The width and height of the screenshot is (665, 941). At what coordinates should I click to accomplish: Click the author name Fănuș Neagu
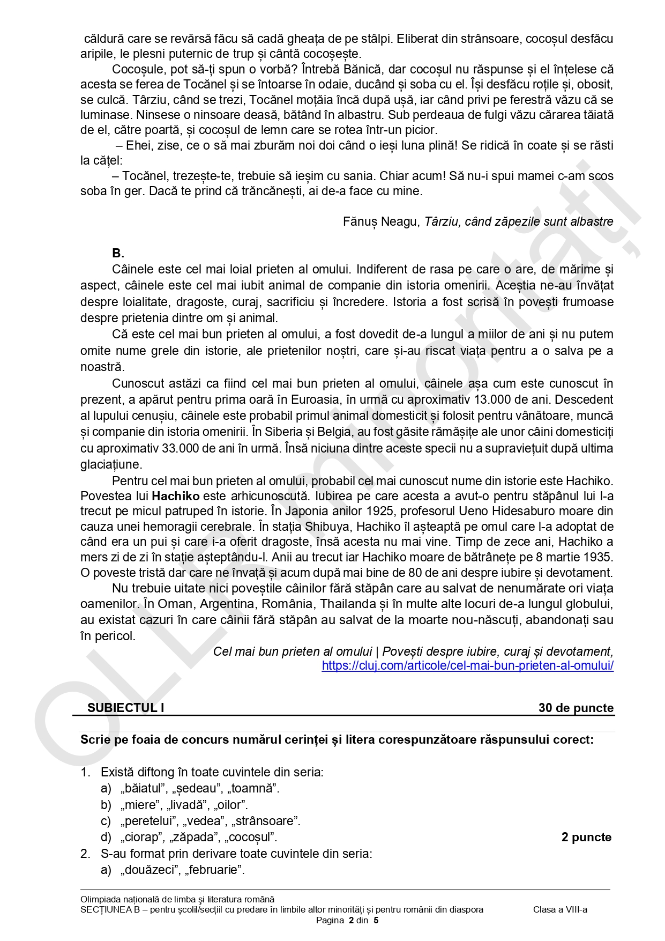point(381,221)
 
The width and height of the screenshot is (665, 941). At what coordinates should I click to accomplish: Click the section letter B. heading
point(118,253)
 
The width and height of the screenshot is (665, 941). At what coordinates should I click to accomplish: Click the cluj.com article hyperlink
point(467,665)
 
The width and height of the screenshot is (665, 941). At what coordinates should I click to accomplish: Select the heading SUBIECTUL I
point(126,708)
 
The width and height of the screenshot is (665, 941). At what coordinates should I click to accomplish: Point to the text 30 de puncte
point(576,708)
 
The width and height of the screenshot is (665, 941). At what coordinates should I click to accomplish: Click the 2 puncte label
point(586,837)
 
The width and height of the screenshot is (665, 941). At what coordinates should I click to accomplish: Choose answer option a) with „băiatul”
point(190,788)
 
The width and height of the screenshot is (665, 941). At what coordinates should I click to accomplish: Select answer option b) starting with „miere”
point(174,805)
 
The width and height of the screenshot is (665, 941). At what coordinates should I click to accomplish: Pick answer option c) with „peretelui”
point(200,821)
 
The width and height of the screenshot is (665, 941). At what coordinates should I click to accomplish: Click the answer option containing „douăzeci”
point(173,870)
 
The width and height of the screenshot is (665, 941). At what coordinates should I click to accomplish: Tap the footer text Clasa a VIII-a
point(560,909)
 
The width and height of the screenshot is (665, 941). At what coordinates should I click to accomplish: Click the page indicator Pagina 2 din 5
point(347,920)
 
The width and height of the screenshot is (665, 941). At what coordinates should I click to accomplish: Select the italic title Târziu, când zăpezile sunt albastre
point(519,221)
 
